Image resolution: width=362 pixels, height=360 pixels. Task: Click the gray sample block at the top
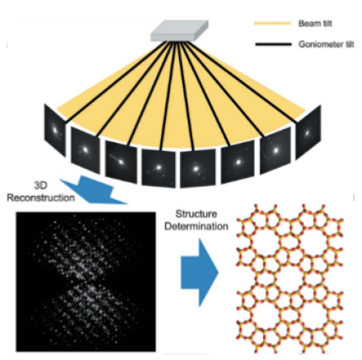180,30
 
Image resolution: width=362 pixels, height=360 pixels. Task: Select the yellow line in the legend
272,23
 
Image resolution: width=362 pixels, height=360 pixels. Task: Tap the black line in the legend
273,44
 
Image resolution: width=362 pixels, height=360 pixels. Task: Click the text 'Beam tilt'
315,23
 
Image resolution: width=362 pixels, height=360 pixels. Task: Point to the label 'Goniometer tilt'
326,44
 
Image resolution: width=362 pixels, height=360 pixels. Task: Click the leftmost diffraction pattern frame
54,130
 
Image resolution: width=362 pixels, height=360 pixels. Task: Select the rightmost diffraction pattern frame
308,132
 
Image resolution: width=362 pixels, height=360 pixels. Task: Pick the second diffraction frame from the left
85,150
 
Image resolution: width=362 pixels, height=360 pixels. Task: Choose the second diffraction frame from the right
276,150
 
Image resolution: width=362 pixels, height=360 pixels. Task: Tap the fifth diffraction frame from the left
198,169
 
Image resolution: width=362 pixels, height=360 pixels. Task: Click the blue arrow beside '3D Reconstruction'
93,190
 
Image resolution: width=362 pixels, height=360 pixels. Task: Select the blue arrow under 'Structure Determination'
199,273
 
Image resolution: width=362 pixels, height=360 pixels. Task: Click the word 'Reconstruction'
40,198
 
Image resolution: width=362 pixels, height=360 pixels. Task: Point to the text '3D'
40,186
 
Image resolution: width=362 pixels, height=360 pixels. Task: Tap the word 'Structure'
196,214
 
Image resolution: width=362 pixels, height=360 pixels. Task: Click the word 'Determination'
196,226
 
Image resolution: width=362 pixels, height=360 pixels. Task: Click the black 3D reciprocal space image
86,281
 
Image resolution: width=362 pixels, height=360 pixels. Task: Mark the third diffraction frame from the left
121,162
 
